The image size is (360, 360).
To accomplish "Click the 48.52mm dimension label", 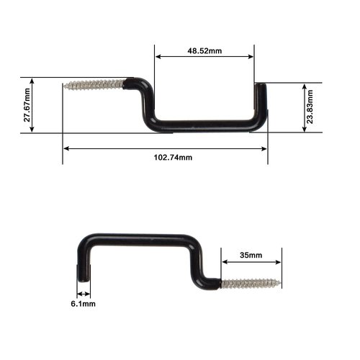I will tap(204, 51).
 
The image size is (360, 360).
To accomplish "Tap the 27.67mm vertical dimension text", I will tap(27, 105).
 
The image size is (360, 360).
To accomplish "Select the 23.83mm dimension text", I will tap(310, 107).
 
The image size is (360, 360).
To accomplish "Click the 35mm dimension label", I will tap(251, 256).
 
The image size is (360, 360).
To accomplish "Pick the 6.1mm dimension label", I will tap(84, 304).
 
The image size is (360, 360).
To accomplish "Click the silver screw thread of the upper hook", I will tap(94, 85).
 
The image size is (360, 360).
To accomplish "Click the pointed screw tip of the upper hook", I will tap(66, 86).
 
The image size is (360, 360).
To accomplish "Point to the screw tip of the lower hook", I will tap(279, 283).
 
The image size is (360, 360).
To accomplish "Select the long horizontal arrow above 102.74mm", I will tap(165, 148).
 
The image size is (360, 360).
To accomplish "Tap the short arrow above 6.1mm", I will tap(84, 294).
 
